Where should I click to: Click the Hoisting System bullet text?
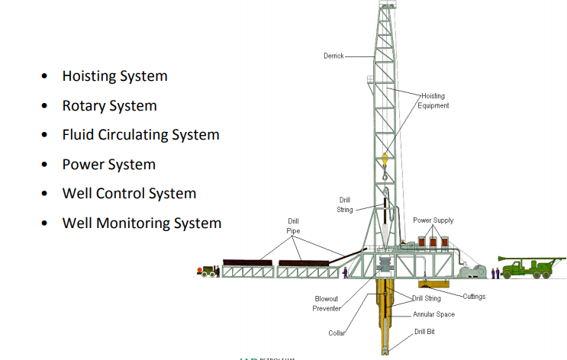click(x=114, y=76)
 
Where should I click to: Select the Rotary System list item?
click(x=109, y=106)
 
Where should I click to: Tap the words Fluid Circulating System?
click(x=140, y=135)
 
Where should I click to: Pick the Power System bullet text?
click(x=108, y=165)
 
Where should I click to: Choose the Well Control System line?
click(x=129, y=194)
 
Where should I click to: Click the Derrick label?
click(x=333, y=56)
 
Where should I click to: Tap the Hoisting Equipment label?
click(x=433, y=101)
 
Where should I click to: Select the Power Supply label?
click(x=433, y=220)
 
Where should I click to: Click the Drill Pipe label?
click(x=294, y=225)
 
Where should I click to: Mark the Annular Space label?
click(x=433, y=314)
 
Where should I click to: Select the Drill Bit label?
click(x=425, y=332)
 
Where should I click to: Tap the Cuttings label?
click(x=473, y=296)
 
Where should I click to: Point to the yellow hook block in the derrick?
click(x=385, y=159)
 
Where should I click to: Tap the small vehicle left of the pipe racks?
click(x=207, y=270)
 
